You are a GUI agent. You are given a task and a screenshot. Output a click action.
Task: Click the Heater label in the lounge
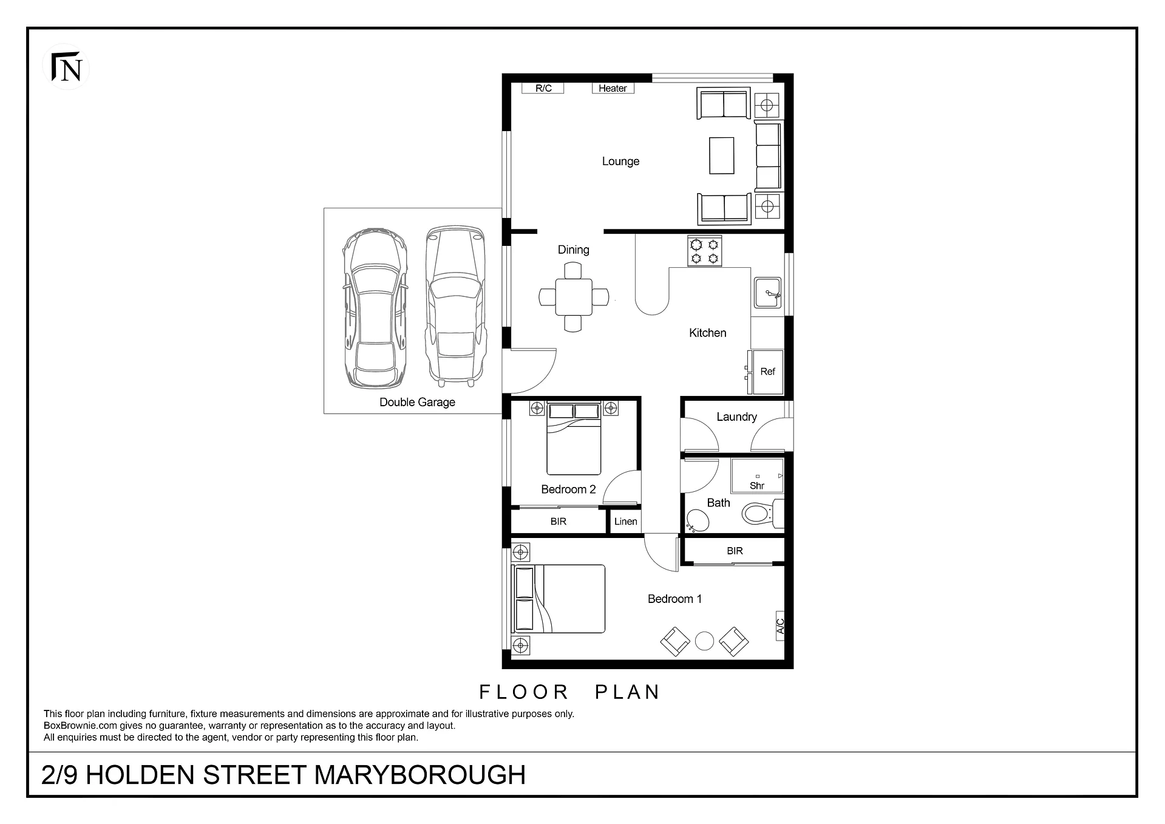(613, 89)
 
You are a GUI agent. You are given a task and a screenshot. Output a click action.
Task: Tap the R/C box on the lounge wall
(543, 89)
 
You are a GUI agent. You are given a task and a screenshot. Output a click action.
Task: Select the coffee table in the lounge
(721, 156)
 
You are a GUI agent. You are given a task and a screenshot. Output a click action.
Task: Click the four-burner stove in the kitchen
(704, 251)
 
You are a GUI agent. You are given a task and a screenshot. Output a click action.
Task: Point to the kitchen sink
(768, 293)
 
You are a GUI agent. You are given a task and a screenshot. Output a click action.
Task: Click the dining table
(574, 297)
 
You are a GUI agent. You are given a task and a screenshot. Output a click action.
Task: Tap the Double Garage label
(417, 402)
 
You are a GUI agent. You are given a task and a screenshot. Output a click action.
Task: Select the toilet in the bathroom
(763, 514)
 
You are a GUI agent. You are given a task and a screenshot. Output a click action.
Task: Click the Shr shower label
(757, 486)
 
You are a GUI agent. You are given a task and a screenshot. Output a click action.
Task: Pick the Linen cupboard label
(626, 522)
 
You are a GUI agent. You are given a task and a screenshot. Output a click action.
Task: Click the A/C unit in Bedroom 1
(780, 626)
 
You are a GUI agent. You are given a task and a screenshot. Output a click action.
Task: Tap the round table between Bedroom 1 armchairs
(704, 641)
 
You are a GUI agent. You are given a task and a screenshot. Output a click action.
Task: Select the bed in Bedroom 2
(574, 438)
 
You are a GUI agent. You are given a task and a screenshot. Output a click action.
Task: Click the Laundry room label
(736, 417)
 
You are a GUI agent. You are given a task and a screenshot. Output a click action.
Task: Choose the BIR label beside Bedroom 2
(559, 522)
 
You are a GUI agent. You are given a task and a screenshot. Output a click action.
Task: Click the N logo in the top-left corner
(66, 67)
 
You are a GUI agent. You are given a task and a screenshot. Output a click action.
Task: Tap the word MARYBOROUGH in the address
(420, 775)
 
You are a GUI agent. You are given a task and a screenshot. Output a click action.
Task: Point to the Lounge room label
(620, 162)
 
